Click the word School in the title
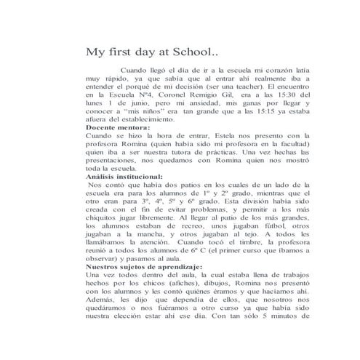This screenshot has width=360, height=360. [181, 52]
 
